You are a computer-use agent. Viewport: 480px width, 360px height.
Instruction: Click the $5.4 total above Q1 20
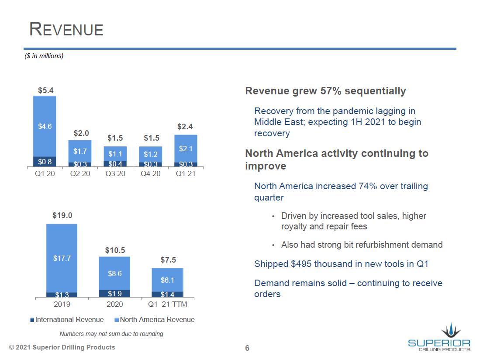point(45,90)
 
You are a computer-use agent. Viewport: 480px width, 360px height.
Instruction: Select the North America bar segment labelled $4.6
point(45,126)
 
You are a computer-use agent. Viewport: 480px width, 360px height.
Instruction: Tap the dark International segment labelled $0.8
point(45,162)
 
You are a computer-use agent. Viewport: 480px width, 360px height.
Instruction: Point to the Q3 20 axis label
point(115,173)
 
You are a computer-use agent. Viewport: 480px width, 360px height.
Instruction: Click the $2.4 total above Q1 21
point(186,127)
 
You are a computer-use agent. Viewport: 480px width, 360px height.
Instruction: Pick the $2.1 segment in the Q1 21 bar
point(186,149)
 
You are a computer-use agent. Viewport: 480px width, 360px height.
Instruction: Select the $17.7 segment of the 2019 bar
point(62,258)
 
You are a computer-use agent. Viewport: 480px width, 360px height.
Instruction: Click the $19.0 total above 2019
point(62,215)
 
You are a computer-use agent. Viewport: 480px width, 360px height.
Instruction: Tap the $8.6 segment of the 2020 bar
point(114,273)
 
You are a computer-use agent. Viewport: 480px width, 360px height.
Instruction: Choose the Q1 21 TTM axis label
point(168,304)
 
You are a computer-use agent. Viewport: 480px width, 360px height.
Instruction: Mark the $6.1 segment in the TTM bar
point(167,280)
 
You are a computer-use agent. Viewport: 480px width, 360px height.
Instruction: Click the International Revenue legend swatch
point(32,320)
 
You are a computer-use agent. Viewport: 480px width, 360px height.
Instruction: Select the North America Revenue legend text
point(157,320)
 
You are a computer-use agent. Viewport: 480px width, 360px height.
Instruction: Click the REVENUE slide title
point(66,29)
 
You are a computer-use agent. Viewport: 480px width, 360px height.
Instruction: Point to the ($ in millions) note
point(44,56)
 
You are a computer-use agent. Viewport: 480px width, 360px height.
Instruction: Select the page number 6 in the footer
point(247,348)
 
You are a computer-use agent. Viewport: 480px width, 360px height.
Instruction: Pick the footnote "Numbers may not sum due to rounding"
point(111,334)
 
